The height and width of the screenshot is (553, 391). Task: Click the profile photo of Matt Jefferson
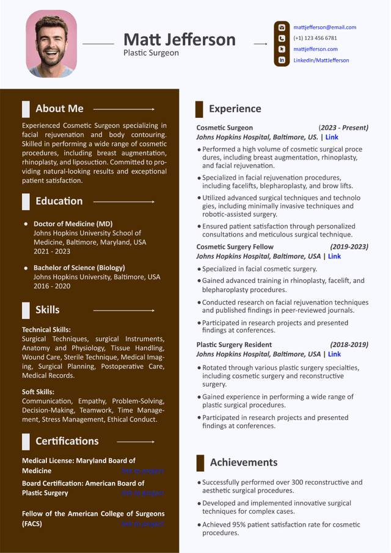(x=51, y=44)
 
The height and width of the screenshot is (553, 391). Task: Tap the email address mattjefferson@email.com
(x=324, y=27)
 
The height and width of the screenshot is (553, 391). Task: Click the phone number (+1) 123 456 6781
(x=315, y=38)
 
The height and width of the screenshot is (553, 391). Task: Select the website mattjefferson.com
(x=315, y=49)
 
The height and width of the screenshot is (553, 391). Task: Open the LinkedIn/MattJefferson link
(x=321, y=60)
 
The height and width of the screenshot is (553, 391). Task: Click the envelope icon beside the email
(x=282, y=27)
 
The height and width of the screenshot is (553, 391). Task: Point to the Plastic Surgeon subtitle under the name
(x=151, y=53)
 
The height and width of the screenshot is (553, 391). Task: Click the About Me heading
(x=59, y=109)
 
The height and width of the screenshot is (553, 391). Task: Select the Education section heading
(x=59, y=201)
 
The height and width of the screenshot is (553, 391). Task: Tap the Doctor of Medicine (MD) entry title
(x=73, y=224)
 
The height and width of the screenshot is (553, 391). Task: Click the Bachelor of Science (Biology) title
(x=79, y=268)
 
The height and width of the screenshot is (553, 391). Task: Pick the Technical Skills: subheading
(x=46, y=329)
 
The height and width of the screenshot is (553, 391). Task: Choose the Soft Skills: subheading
(x=38, y=392)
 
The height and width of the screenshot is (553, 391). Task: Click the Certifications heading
(x=67, y=441)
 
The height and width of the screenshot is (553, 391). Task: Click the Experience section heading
(x=235, y=109)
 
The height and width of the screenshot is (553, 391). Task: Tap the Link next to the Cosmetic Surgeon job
(x=332, y=137)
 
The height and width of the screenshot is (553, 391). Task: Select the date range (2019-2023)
(x=349, y=247)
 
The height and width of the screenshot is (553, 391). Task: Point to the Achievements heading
(x=243, y=463)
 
